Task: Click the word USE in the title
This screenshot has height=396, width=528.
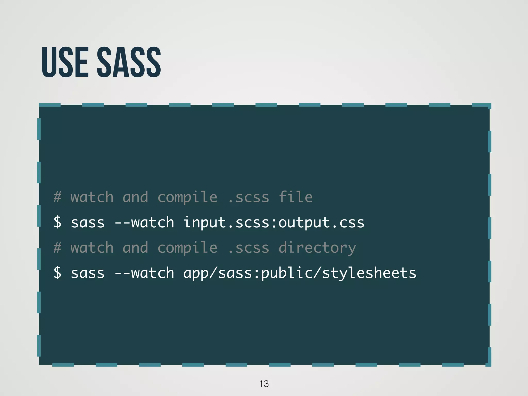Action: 65,62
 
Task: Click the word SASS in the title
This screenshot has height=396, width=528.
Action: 129,62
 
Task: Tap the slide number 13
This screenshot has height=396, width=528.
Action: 264,384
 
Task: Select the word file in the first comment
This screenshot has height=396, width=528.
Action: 295,197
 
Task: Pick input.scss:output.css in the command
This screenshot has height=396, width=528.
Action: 274,223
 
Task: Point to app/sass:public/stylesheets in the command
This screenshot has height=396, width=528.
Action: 300,273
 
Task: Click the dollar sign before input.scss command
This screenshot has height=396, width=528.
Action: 57,222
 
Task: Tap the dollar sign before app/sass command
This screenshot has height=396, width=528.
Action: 57,273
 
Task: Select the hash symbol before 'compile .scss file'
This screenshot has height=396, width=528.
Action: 57,197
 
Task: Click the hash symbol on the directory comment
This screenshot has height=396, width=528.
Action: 57,248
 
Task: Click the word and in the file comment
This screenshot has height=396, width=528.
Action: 135,197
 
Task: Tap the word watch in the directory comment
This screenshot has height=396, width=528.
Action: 92,248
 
